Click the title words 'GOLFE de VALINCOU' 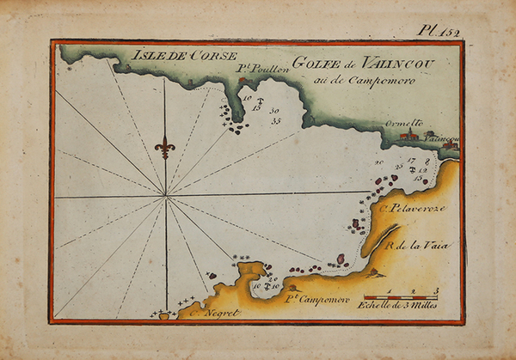pyautogui.click(x=346, y=62)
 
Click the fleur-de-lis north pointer pyautogui.click(x=165, y=146)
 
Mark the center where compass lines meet pyautogui.click(x=165, y=197)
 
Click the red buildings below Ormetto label pyautogui.click(x=409, y=135)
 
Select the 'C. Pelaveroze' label pyautogui.click(x=406, y=209)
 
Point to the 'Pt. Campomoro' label pyautogui.click(x=317, y=298)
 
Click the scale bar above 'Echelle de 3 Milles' pyautogui.click(x=401, y=296)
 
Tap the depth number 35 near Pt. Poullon pyautogui.click(x=275, y=120)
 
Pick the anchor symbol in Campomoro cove pyautogui.click(x=267, y=284)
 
